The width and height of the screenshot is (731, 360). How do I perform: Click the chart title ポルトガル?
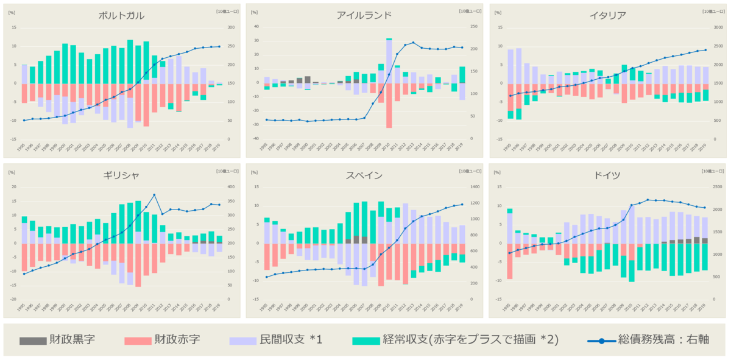pos(121,16)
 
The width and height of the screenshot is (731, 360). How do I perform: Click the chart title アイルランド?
pos(364,16)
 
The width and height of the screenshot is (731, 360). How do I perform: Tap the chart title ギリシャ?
pos(121,175)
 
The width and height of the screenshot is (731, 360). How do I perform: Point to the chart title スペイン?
pos(364,175)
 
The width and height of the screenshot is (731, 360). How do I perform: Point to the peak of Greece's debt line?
pos(154,195)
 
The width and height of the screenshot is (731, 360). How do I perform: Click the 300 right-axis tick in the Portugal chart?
pos(230,27)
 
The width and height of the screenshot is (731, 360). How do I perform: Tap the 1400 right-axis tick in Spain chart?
pos(474,187)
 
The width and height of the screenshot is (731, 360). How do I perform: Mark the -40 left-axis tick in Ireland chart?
pos(256,139)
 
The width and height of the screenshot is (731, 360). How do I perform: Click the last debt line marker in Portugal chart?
pos(219,46)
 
